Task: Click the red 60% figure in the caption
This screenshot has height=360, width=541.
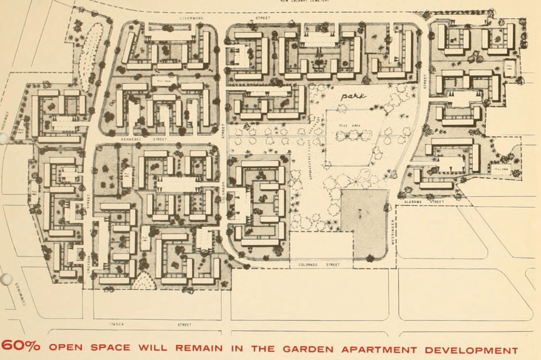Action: point(20,346)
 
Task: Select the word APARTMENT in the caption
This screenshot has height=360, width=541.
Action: point(379,350)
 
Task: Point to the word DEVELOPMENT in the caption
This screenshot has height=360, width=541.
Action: point(471,351)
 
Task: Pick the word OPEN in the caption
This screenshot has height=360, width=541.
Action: point(65,347)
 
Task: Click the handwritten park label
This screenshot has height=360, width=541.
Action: point(354,96)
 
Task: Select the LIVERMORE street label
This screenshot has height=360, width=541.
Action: point(191,18)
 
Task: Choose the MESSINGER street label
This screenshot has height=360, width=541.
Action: point(393,233)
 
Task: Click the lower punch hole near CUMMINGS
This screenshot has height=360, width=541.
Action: point(6,279)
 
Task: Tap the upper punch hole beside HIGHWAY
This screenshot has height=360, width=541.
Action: point(3,139)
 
